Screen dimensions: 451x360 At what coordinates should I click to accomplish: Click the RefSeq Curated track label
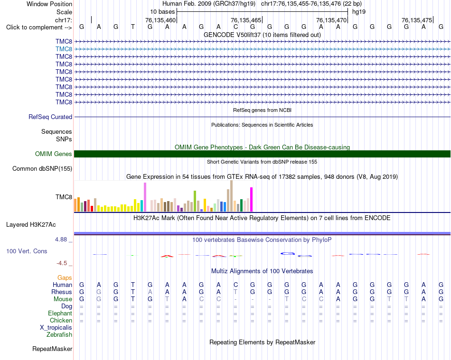point(50,117)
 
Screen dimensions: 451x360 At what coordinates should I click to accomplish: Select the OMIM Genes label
point(54,154)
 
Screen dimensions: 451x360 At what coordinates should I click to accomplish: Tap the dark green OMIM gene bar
point(262,154)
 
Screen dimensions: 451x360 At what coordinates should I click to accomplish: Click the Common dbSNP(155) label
point(42,169)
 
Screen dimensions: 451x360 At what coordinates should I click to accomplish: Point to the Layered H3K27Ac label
point(31,225)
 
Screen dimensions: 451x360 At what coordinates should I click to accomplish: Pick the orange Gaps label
point(65,277)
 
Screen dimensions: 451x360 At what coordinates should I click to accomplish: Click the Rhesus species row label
point(62,292)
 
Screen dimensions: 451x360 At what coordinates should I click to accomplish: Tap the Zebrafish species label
point(59,335)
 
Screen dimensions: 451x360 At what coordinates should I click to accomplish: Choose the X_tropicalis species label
point(56,328)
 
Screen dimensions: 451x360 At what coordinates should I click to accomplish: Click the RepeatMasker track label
point(52,349)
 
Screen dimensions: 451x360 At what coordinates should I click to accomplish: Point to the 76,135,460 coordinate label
point(160,20)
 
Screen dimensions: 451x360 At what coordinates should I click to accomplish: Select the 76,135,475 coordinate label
point(417,20)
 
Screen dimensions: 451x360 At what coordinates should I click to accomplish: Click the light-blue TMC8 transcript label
point(64,49)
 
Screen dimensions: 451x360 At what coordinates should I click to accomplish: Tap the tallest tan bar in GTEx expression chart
point(231,196)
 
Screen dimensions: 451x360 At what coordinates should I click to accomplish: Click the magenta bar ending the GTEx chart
point(252,199)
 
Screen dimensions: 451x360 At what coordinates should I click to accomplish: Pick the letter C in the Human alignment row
point(235,285)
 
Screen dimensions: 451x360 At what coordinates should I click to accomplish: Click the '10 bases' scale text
point(162,12)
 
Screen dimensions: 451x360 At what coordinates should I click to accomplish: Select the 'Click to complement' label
point(39,28)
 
